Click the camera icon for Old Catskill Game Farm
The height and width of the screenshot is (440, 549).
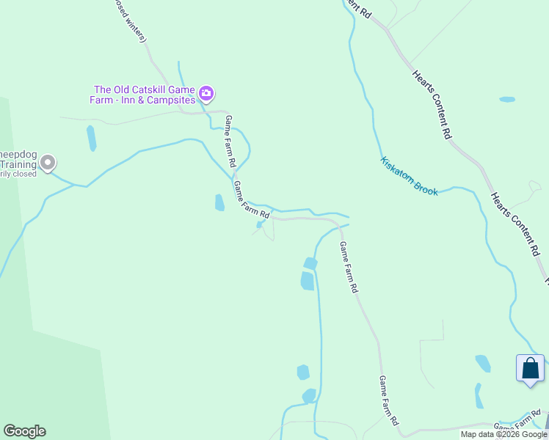(x=206, y=92)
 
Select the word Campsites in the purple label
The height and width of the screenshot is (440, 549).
(x=172, y=100)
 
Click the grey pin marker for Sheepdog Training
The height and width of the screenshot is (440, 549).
(x=48, y=162)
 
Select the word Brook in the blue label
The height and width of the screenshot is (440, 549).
(x=426, y=189)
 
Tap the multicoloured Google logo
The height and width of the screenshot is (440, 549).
(x=24, y=431)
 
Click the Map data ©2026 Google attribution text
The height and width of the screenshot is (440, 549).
(x=504, y=434)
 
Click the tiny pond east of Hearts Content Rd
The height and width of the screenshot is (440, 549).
(x=506, y=99)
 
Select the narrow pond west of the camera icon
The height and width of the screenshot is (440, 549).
(x=91, y=138)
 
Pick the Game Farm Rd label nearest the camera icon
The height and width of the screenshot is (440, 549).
(x=230, y=141)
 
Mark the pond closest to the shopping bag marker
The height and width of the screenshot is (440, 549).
(x=483, y=363)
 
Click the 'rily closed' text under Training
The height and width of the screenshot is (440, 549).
(x=18, y=174)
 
